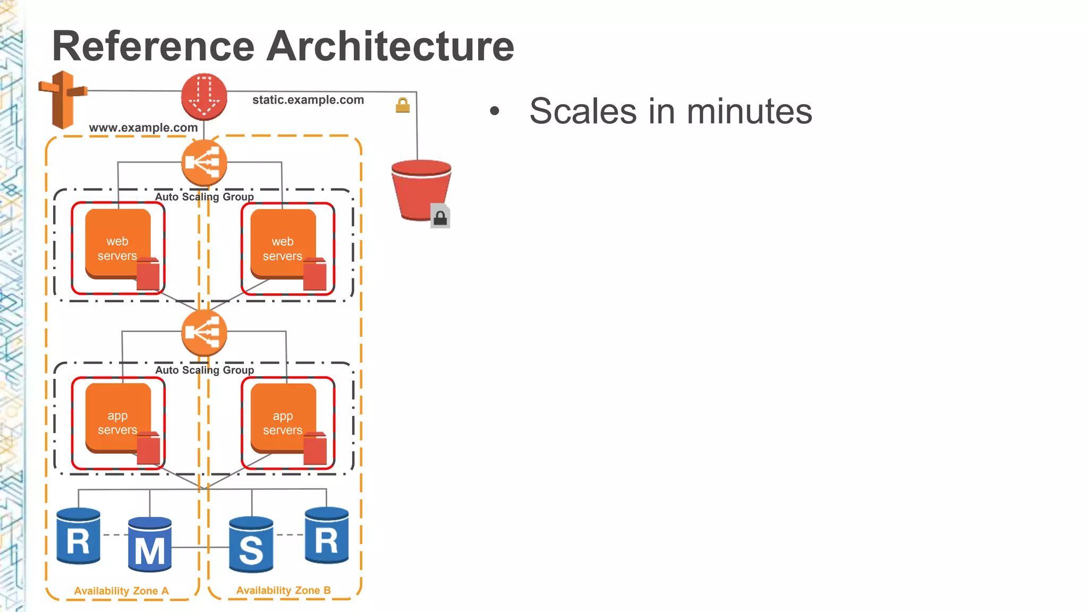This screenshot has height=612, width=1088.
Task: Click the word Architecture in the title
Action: (x=390, y=46)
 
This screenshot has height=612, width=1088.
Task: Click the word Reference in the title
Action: (x=154, y=46)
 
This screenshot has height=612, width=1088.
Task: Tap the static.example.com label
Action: (x=308, y=100)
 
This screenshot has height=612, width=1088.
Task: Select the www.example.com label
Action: (x=143, y=127)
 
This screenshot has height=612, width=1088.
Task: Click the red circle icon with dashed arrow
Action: (x=204, y=96)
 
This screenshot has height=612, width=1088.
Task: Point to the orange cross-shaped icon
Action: (x=63, y=99)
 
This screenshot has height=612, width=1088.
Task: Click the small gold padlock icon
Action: (x=403, y=105)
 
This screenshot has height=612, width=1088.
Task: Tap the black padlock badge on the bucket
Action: (x=440, y=217)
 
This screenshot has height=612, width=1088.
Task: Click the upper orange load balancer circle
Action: (x=204, y=163)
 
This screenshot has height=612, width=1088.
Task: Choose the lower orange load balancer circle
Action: (x=204, y=333)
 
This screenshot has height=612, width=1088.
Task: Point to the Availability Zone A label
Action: (x=121, y=591)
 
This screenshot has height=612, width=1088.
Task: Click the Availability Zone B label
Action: (x=283, y=590)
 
